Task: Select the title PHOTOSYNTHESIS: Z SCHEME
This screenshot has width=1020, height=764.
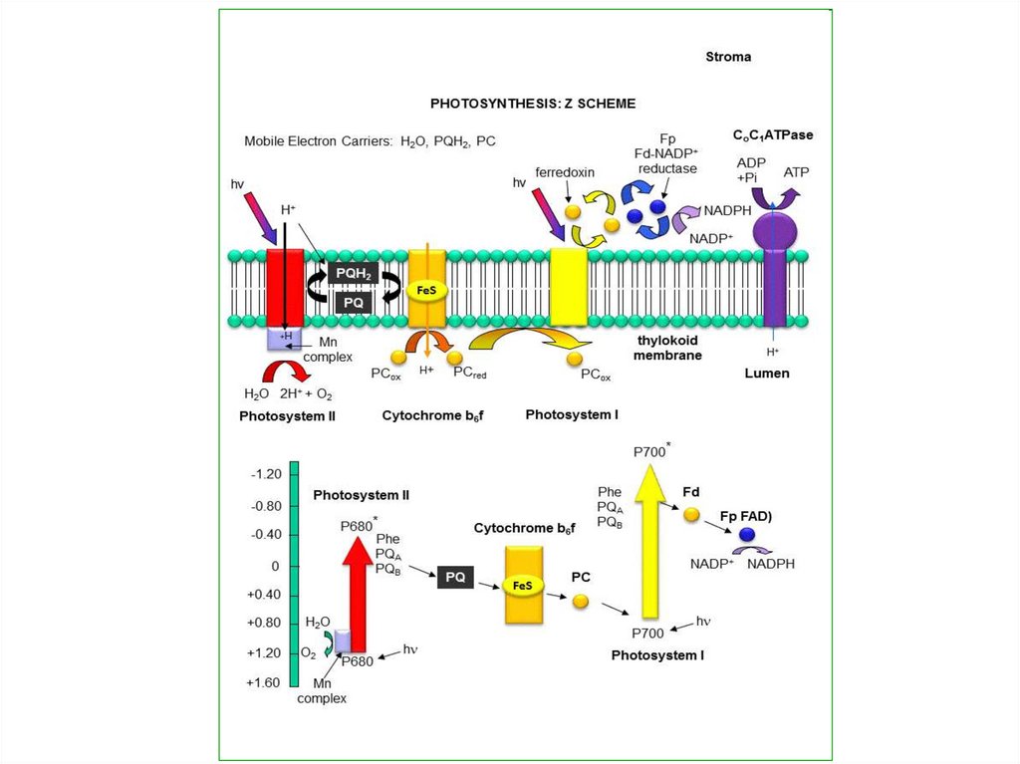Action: [x=533, y=104]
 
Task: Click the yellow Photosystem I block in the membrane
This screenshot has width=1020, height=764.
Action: [x=569, y=287]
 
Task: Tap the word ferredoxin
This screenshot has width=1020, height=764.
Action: [x=565, y=172]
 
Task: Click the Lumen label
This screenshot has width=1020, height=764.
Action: [x=767, y=374]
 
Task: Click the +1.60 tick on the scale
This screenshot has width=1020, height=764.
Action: [x=263, y=683]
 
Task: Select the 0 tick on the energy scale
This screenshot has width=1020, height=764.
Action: [x=275, y=566]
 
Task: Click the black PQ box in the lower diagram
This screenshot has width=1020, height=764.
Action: [x=456, y=577]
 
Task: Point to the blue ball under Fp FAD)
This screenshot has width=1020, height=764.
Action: [x=747, y=536]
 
